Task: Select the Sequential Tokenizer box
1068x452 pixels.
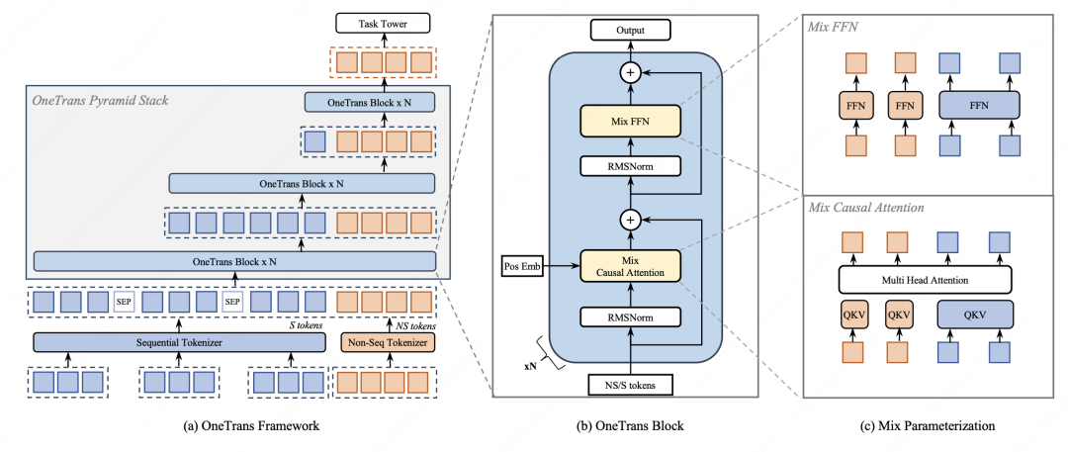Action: pos(179,342)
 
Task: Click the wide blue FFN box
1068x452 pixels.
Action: pos(979,104)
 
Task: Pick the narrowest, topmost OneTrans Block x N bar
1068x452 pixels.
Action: pos(369,103)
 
